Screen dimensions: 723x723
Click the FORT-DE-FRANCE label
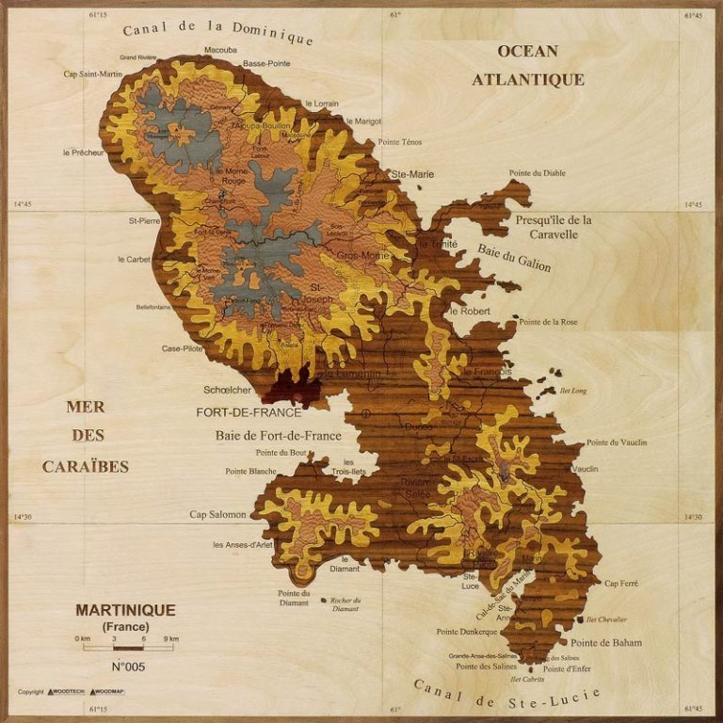(249, 412)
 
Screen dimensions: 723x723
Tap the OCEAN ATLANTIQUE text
(528, 66)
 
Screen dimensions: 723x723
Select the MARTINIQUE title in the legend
(125, 610)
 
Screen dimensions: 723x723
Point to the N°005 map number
(127, 667)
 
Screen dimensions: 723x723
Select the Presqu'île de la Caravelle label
(554, 227)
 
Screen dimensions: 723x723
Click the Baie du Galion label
(514, 258)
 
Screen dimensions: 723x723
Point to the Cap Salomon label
(217, 515)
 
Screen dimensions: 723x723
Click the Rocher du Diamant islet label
(345, 604)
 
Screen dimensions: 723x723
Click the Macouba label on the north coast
(220, 49)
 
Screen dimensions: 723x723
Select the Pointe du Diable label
(538, 173)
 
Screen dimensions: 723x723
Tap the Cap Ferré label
(621, 584)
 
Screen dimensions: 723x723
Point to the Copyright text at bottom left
(31, 692)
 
